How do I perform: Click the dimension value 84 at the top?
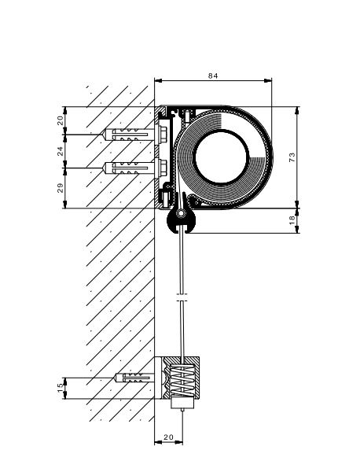(213, 76)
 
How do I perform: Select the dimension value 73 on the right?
(292, 157)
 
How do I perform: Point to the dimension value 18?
(292, 220)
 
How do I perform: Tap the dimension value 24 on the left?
(60, 151)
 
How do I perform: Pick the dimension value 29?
(60, 188)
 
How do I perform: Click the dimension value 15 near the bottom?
(60, 388)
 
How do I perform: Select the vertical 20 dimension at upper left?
(60, 120)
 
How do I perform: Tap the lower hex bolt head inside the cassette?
(163, 168)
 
